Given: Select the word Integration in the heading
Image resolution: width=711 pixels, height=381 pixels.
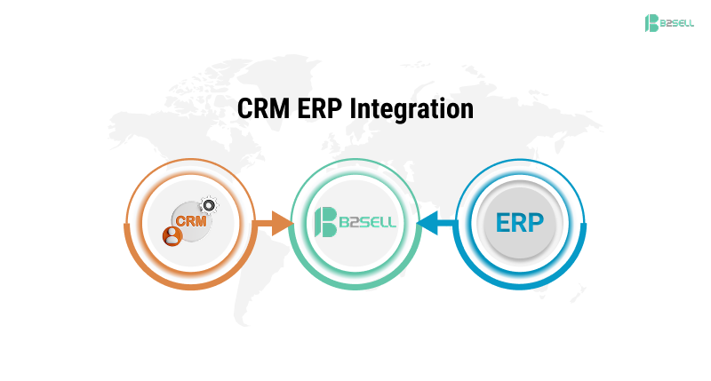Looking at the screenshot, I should [x=411, y=109].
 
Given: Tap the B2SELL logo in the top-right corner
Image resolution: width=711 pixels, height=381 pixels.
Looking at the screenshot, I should [x=668, y=23].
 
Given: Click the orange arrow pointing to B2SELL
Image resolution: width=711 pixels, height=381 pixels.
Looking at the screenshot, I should [x=278, y=223].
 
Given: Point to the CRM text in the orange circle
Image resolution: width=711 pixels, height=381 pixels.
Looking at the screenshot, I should [x=190, y=220].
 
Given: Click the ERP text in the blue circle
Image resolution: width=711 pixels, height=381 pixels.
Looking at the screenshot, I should [x=520, y=223].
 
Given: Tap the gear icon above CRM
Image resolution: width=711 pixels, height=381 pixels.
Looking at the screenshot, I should [x=209, y=204].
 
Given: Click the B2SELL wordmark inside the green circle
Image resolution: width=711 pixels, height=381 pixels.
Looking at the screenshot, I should [x=367, y=222].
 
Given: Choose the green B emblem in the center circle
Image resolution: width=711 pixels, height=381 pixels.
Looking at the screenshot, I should [x=325, y=221].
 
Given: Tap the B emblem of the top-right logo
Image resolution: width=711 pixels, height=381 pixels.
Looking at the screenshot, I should [x=651, y=23].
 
